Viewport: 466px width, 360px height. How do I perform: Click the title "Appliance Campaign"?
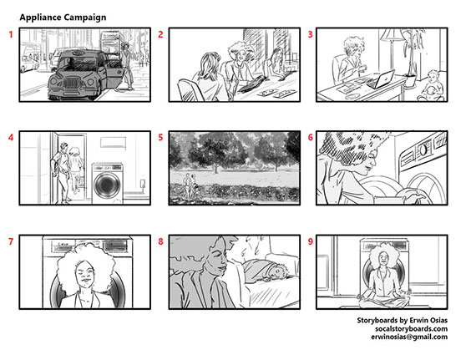pos(63,18)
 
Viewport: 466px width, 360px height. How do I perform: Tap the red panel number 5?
pos(160,137)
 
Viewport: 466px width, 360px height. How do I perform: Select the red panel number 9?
pos(311,241)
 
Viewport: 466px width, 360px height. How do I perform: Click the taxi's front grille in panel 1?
pos(71,83)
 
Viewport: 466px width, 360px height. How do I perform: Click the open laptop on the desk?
pos(382,79)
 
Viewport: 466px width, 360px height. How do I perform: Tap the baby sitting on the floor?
pos(432,86)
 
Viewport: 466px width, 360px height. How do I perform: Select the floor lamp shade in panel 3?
pos(392,35)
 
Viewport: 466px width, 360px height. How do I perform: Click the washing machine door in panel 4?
pos(107,185)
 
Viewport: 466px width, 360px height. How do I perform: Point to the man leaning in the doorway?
pos(63,173)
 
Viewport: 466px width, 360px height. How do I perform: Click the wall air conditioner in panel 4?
pos(113,142)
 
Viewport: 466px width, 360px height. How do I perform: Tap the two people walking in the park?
pos(190,185)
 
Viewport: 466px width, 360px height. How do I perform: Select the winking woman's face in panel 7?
pos(85,274)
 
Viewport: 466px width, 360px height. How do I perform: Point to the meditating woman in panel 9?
pos(384,277)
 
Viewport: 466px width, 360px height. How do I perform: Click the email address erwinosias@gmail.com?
pos(409,337)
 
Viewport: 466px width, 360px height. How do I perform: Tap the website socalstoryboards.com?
pos(411,328)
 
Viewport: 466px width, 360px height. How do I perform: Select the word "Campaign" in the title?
pos(84,18)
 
